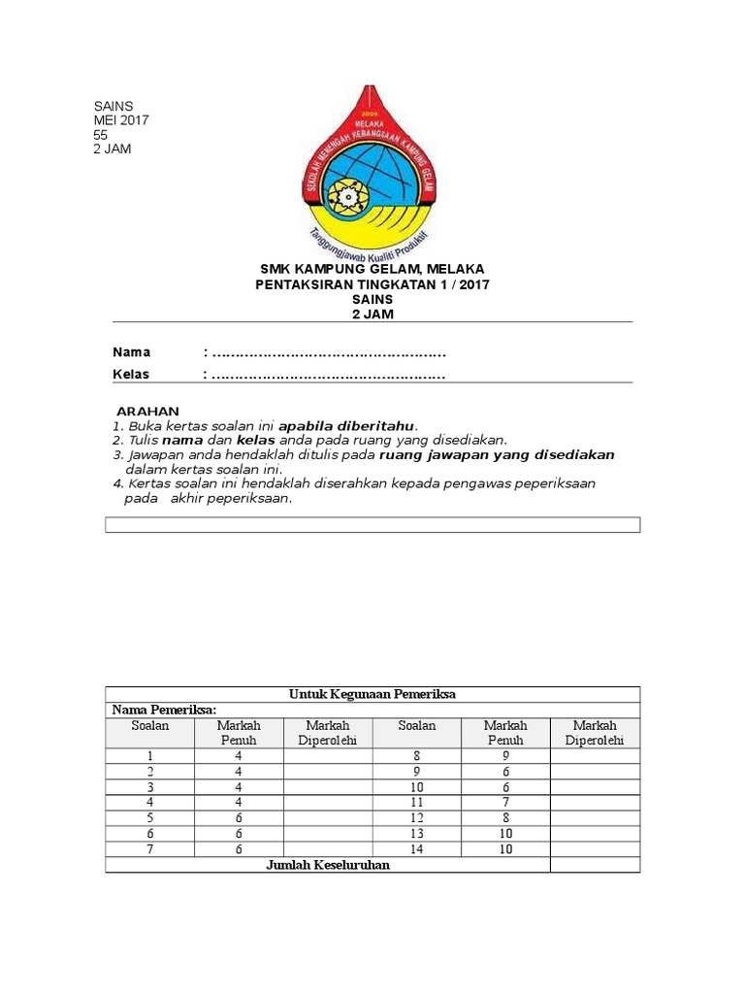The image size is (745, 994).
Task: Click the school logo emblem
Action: click(372, 171)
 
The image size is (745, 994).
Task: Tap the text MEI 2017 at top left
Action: click(121, 120)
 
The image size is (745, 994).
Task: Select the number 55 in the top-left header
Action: click(101, 135)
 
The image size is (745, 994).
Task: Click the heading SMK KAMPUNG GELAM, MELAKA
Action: click(372, 269)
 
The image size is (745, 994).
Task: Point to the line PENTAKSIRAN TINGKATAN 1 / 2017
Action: click(372, 284)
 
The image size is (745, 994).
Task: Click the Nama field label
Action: click(131, 351)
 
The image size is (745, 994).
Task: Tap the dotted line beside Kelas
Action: click(328, 375)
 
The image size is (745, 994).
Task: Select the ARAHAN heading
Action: click(147, 412)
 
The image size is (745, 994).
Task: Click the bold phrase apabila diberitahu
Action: click(347, 426)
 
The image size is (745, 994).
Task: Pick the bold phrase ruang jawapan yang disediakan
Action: click(497, 454)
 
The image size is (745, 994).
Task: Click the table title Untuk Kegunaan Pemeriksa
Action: click(372, 694)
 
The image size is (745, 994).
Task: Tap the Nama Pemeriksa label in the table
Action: click(163, 710)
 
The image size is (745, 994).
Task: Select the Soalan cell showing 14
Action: click(416, 849)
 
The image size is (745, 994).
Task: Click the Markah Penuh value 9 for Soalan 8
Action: click(505, 755)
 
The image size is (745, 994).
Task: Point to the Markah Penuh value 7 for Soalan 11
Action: click(505, 803)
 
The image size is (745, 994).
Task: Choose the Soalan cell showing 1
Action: click(149, 755)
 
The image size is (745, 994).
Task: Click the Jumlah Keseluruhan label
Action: click(328, 865)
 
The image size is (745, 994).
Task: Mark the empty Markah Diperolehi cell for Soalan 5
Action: click(327, 818)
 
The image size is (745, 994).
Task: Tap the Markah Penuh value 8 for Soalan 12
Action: click(505, 818)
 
